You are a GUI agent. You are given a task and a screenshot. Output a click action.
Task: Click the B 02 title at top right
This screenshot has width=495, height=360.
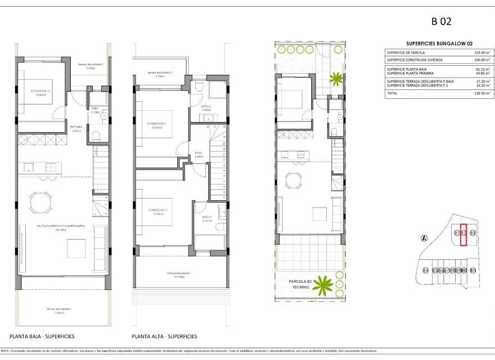pos(441,22)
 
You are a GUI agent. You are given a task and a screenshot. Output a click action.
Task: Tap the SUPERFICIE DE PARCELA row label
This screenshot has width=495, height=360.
pos(406,52)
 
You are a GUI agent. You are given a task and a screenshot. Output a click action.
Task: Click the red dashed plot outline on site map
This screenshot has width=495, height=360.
pos(464,235)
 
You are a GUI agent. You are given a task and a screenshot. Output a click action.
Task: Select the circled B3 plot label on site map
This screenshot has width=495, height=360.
pos(472,232)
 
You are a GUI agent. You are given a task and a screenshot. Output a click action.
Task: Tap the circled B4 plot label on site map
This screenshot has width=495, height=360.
pos(425,271)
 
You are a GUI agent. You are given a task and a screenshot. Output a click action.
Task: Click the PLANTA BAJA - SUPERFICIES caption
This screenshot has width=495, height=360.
pos(42,336)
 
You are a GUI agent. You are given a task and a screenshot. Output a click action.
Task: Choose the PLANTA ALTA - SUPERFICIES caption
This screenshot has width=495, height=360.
pos(164,336)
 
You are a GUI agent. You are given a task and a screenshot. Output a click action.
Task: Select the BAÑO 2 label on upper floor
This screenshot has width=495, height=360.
pos(206,106)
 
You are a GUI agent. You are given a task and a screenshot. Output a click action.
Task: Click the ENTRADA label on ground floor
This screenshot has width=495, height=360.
pos(76,127)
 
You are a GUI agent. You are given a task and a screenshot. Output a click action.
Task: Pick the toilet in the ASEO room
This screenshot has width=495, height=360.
pos(95,136)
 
